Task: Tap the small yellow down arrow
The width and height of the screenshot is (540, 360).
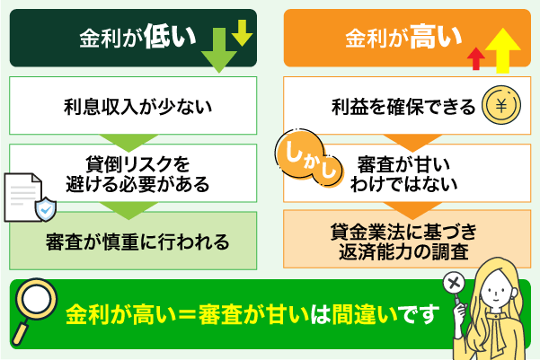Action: pyautogui.click(x=242, y=31)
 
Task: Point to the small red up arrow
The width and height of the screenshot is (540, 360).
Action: pyautogui.click(x=476, y=58)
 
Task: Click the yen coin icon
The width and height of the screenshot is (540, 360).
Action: pyautogui.click(x=501, y=107)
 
